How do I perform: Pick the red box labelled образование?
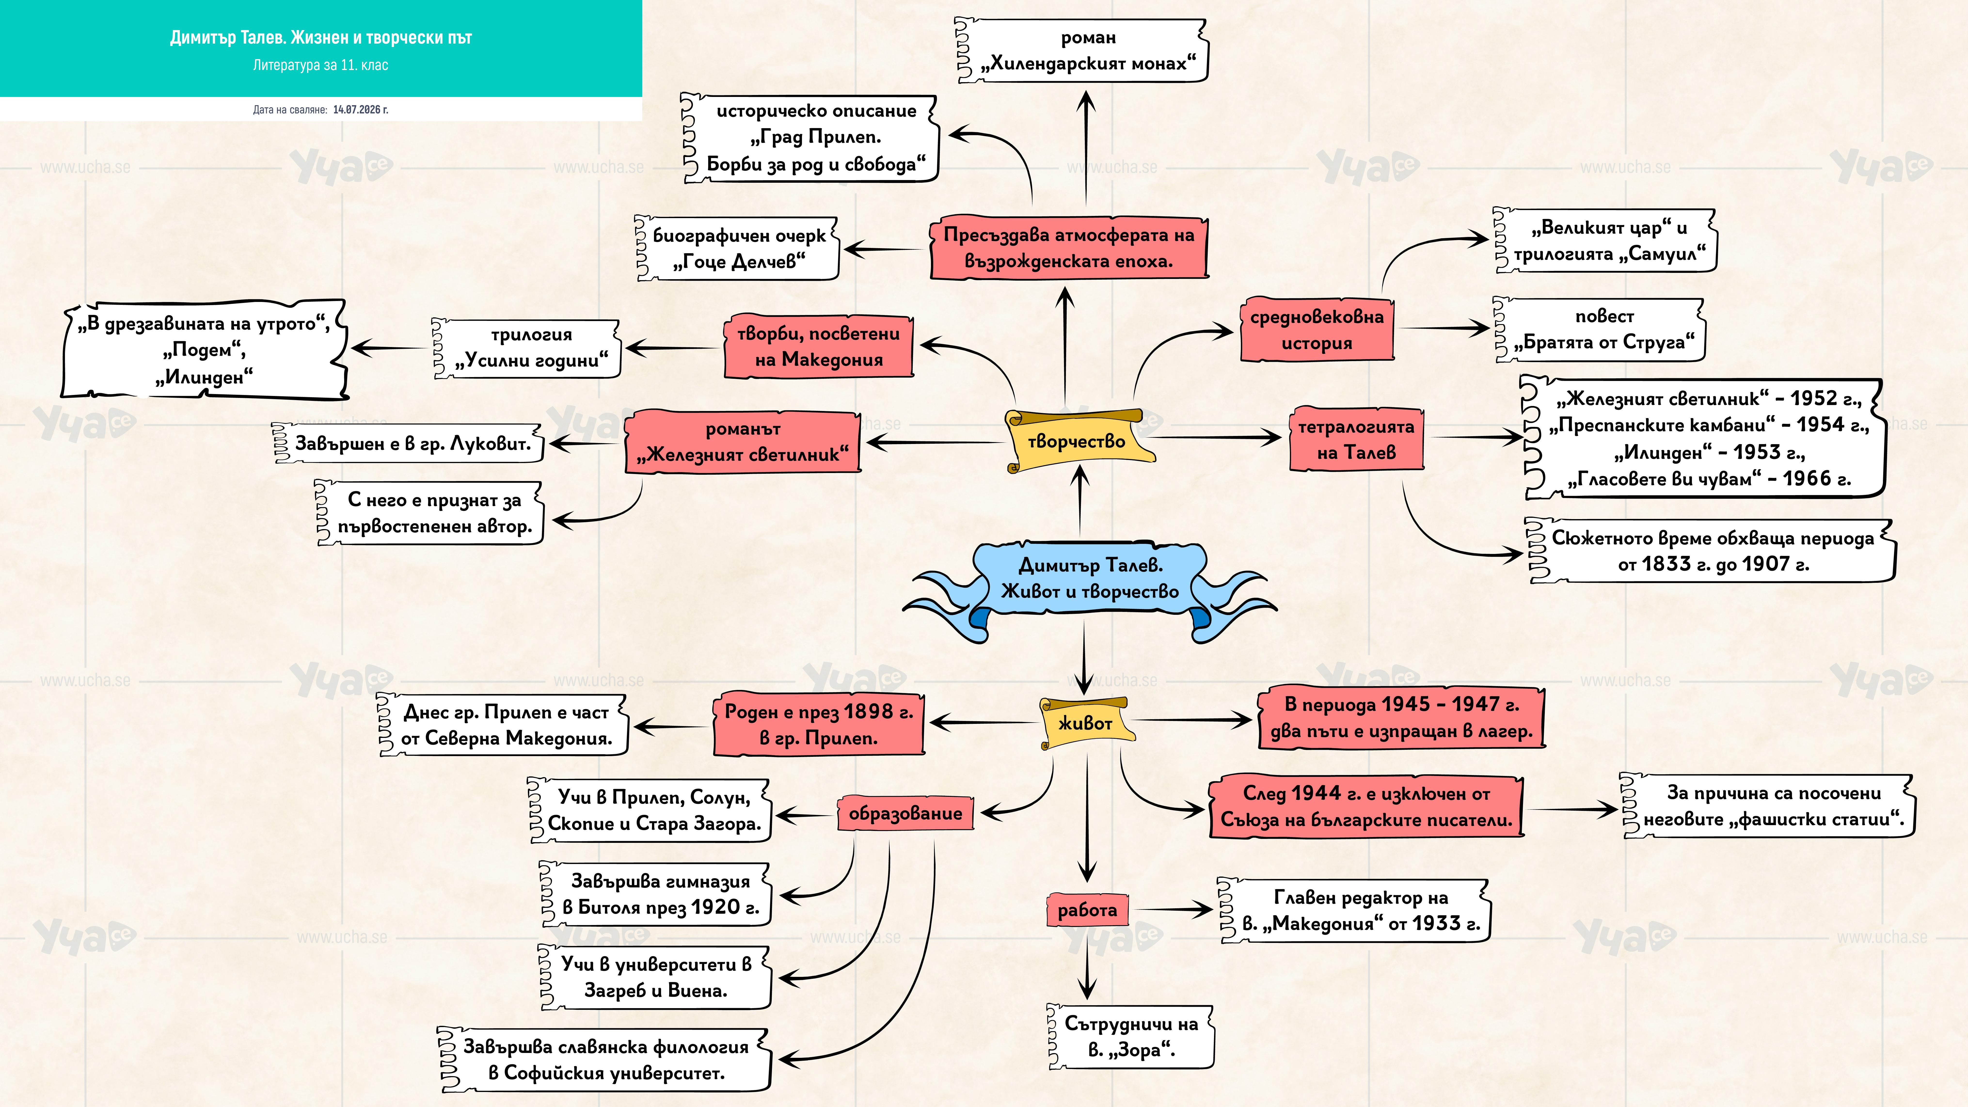pos(905,813)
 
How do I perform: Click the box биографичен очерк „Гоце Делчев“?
pos(737,248)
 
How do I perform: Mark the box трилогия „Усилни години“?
pos(527,348)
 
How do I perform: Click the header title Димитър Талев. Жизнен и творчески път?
pos(321,37)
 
